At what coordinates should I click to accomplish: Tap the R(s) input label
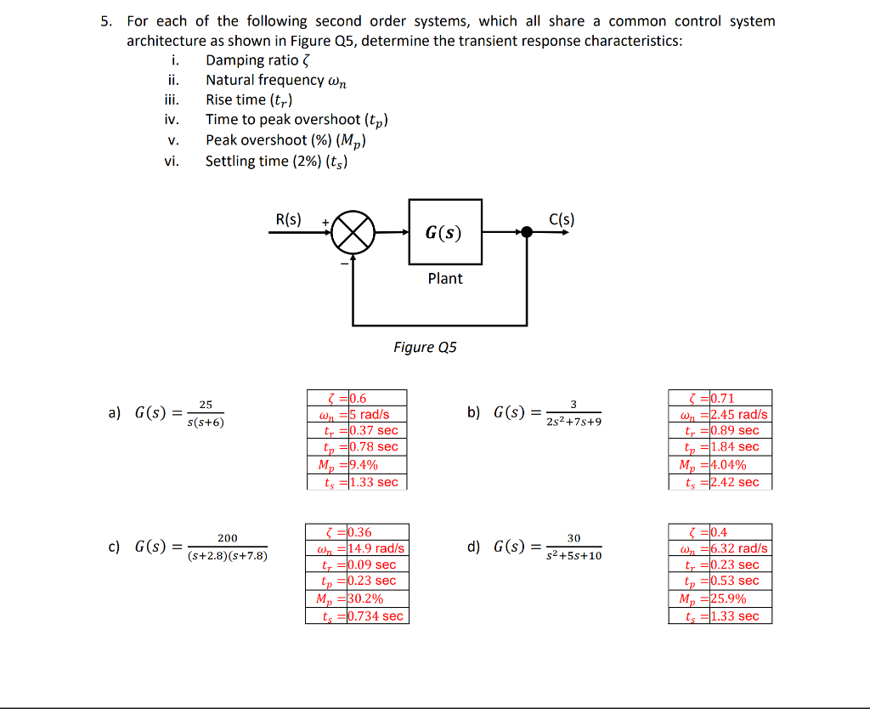click(288, 219)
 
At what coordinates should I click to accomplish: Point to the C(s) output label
click(562, 219)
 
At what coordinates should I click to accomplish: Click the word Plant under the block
click(445, 279)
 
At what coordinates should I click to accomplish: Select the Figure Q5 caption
click(425, 347)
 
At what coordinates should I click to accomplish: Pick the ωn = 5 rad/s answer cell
click(356, 415)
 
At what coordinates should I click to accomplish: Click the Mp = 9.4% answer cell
click(356, 464)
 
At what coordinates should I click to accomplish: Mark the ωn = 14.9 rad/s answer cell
click(357, 548)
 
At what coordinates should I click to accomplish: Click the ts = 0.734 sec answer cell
click(357, 616)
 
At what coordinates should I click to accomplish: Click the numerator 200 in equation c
click(228, 538)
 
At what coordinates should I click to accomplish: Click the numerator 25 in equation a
click(206, 405)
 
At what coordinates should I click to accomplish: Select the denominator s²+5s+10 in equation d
click(573, 556)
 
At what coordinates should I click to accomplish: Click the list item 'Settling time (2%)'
click(276, 162)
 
